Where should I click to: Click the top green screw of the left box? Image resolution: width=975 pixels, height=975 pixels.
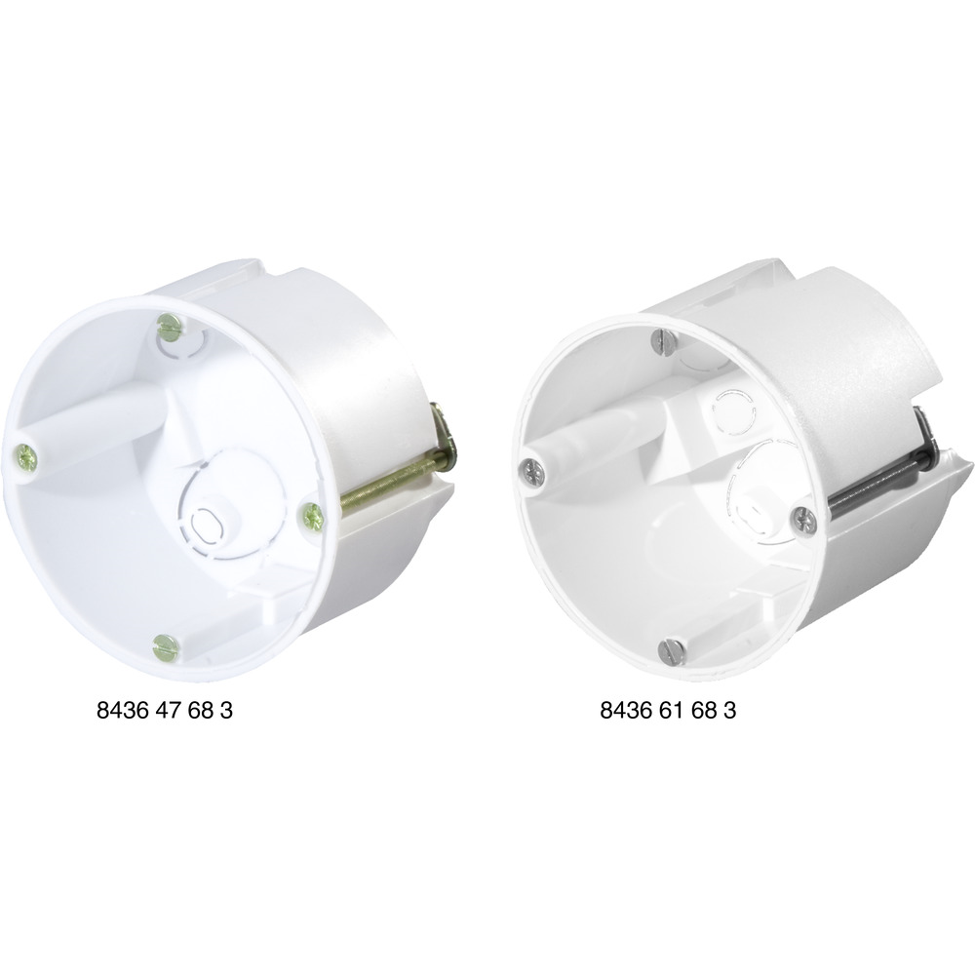[x=169, y=323]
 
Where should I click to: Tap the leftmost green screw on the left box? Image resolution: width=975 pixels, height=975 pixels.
[x=25, y=457]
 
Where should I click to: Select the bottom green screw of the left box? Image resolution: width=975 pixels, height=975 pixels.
[x=166, y=646]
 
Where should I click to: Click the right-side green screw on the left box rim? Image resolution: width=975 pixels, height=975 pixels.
[x=312, y=516]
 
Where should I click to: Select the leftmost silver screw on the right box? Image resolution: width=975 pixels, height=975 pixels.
[x=534, y=471]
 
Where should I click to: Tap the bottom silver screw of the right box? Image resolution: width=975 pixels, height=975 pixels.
[x=672, y=648]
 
